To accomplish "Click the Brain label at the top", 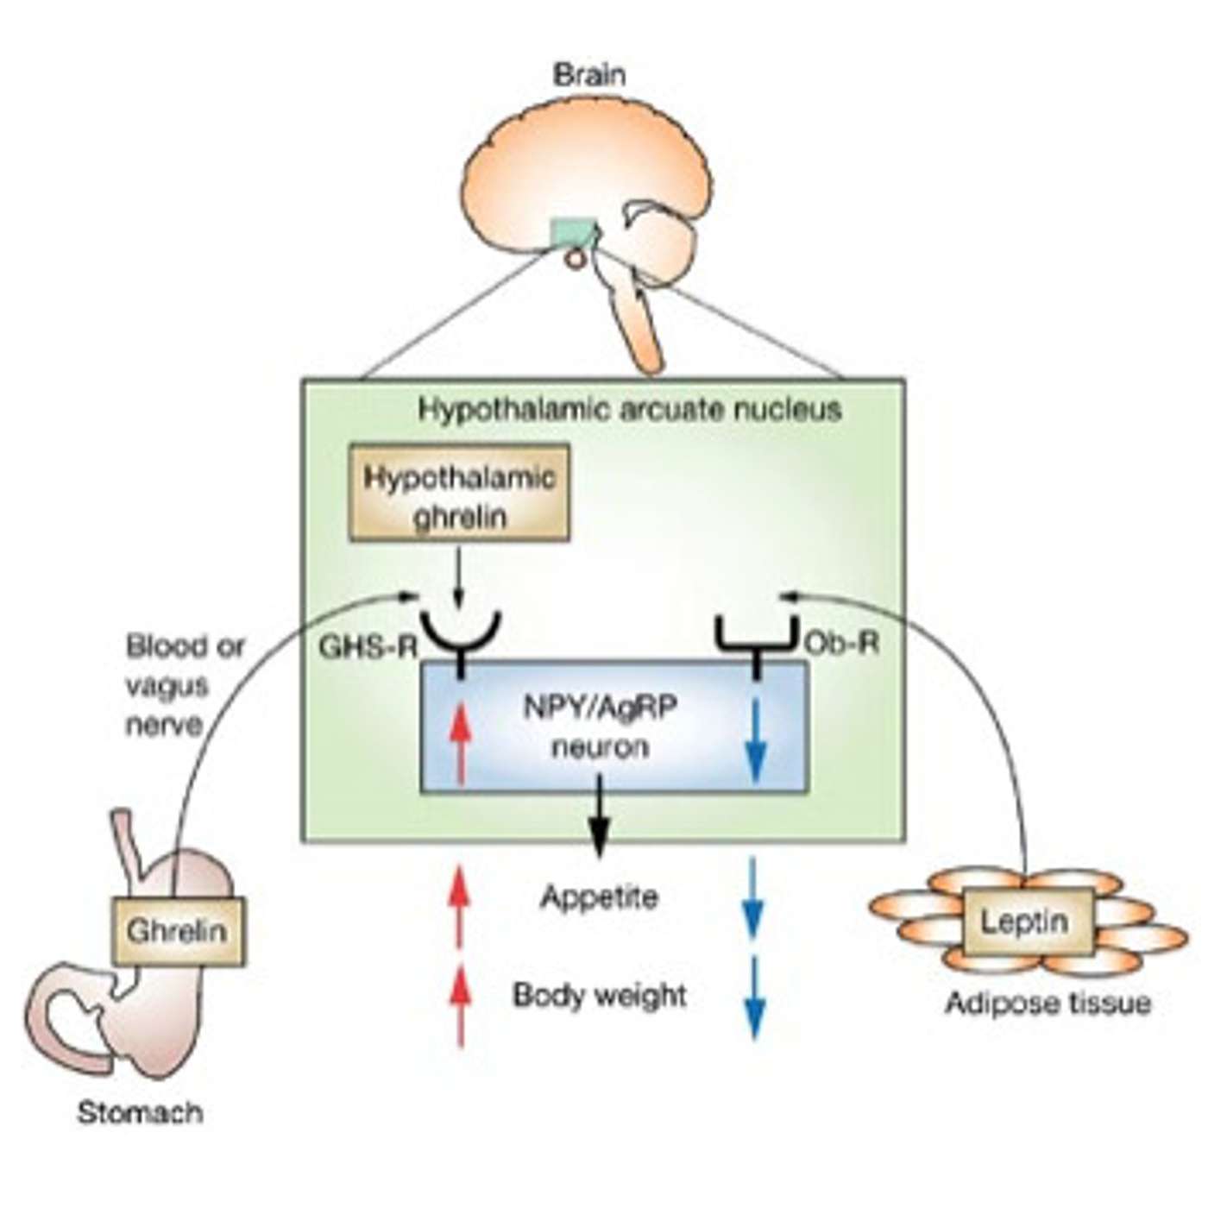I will click(589, 75).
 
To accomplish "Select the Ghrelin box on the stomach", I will click(179, 931).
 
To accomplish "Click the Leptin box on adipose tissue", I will click(1025, 922).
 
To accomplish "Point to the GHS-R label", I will click(368, 646).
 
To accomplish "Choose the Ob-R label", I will click(841, 643).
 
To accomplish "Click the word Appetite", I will click(600, 897).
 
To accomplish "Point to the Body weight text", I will click(600, 996).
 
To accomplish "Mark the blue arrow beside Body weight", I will click(755, 997).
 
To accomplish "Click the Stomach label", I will click(141, 1113).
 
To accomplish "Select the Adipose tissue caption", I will click(1048, 1004).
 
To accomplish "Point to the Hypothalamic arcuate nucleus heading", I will click(629, 408).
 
